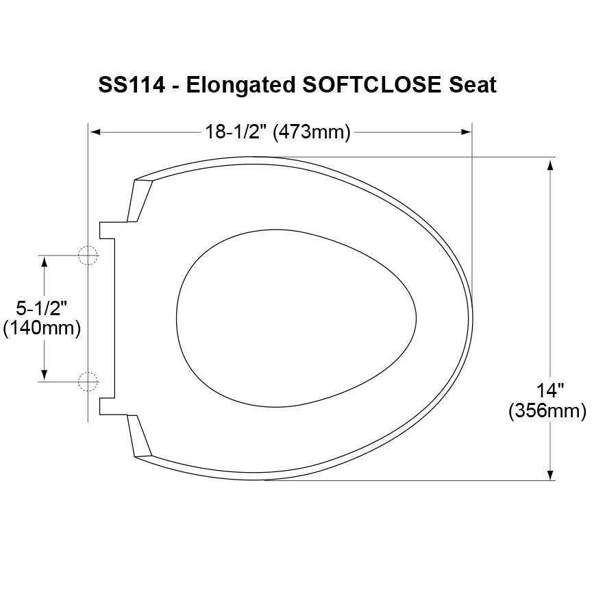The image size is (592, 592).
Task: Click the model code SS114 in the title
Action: tap(131, 85)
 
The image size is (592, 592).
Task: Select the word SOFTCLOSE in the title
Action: tap(373, 85)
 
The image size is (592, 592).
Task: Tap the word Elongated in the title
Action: tap(240, 85)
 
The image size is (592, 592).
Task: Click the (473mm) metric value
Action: tap(312, 132)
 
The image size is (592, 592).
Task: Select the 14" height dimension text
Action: tap(550, 391)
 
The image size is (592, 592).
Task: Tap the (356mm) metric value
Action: tap(547, 411)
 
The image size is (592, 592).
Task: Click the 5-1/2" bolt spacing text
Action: tap(42, 308)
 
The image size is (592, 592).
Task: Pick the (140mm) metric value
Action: tap(42, 328)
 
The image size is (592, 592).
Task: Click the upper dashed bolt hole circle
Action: tap(88, 255)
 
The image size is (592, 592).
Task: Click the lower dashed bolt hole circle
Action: tap(88, 381)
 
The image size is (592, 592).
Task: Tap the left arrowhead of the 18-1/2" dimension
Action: tap(96, 132)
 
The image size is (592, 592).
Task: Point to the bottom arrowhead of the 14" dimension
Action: tap(550, 475)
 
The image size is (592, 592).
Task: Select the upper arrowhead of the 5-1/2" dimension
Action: tap(45, 261)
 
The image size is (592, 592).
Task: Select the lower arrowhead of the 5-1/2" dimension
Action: tap(45, 374)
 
